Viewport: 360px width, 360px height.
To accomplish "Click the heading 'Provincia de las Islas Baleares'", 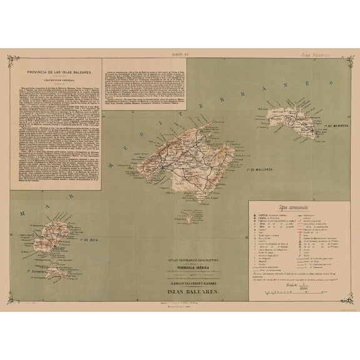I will point(56,73).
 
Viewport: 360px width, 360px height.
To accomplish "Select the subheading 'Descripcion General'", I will point(56,80).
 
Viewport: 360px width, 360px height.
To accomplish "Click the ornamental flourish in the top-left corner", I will point(12,61).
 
